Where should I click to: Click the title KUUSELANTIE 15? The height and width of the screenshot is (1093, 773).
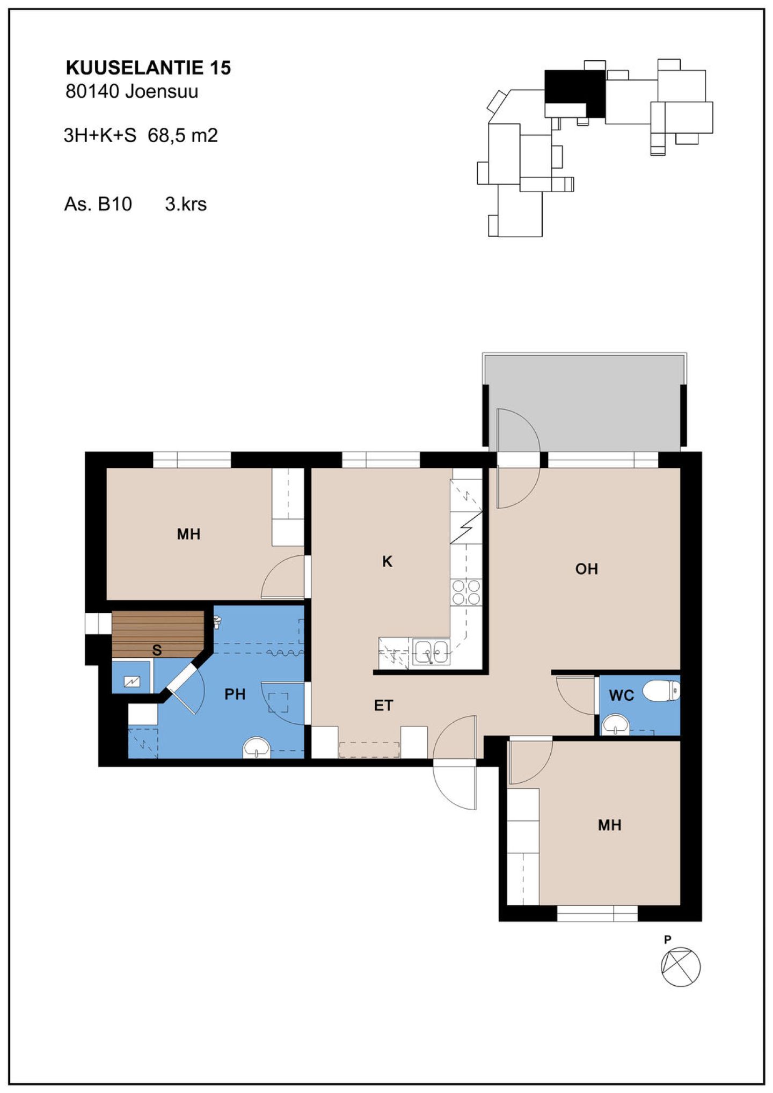point(148,68)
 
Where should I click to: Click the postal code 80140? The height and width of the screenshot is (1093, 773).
point(92,91)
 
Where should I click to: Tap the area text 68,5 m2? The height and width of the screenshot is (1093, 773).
point(183,135)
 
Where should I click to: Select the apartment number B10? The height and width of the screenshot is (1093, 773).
point(115,204)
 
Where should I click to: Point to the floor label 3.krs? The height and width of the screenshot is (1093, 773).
point(186,204)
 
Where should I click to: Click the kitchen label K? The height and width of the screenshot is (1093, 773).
point(387,561)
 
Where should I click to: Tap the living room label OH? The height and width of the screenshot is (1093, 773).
point(586,569)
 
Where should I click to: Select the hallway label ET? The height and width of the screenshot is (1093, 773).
point(383,706)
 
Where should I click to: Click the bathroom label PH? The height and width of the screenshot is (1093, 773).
point(235,694)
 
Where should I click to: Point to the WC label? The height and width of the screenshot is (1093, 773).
point(622,695)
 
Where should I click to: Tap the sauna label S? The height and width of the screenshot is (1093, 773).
point(157,650)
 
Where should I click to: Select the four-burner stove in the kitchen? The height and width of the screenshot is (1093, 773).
point(466,592)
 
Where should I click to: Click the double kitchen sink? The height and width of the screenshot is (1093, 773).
point(431,652)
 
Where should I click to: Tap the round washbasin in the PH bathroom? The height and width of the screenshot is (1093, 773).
point(256,747)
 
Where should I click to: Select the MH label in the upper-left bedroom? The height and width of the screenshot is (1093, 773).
point(188,534)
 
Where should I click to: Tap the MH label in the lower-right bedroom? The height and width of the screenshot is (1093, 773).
point(609,825)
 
